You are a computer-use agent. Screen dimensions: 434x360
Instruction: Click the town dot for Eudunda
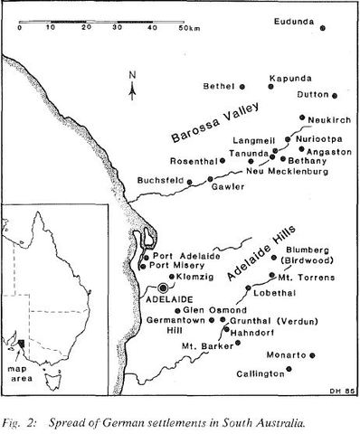click(x=322, y=27)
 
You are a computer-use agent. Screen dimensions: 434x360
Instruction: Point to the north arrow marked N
click(x=132, y=84)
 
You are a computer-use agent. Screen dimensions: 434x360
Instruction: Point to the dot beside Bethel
click(x=242, y=86)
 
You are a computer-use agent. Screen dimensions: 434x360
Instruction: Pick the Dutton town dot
click(x=334, y=94)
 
